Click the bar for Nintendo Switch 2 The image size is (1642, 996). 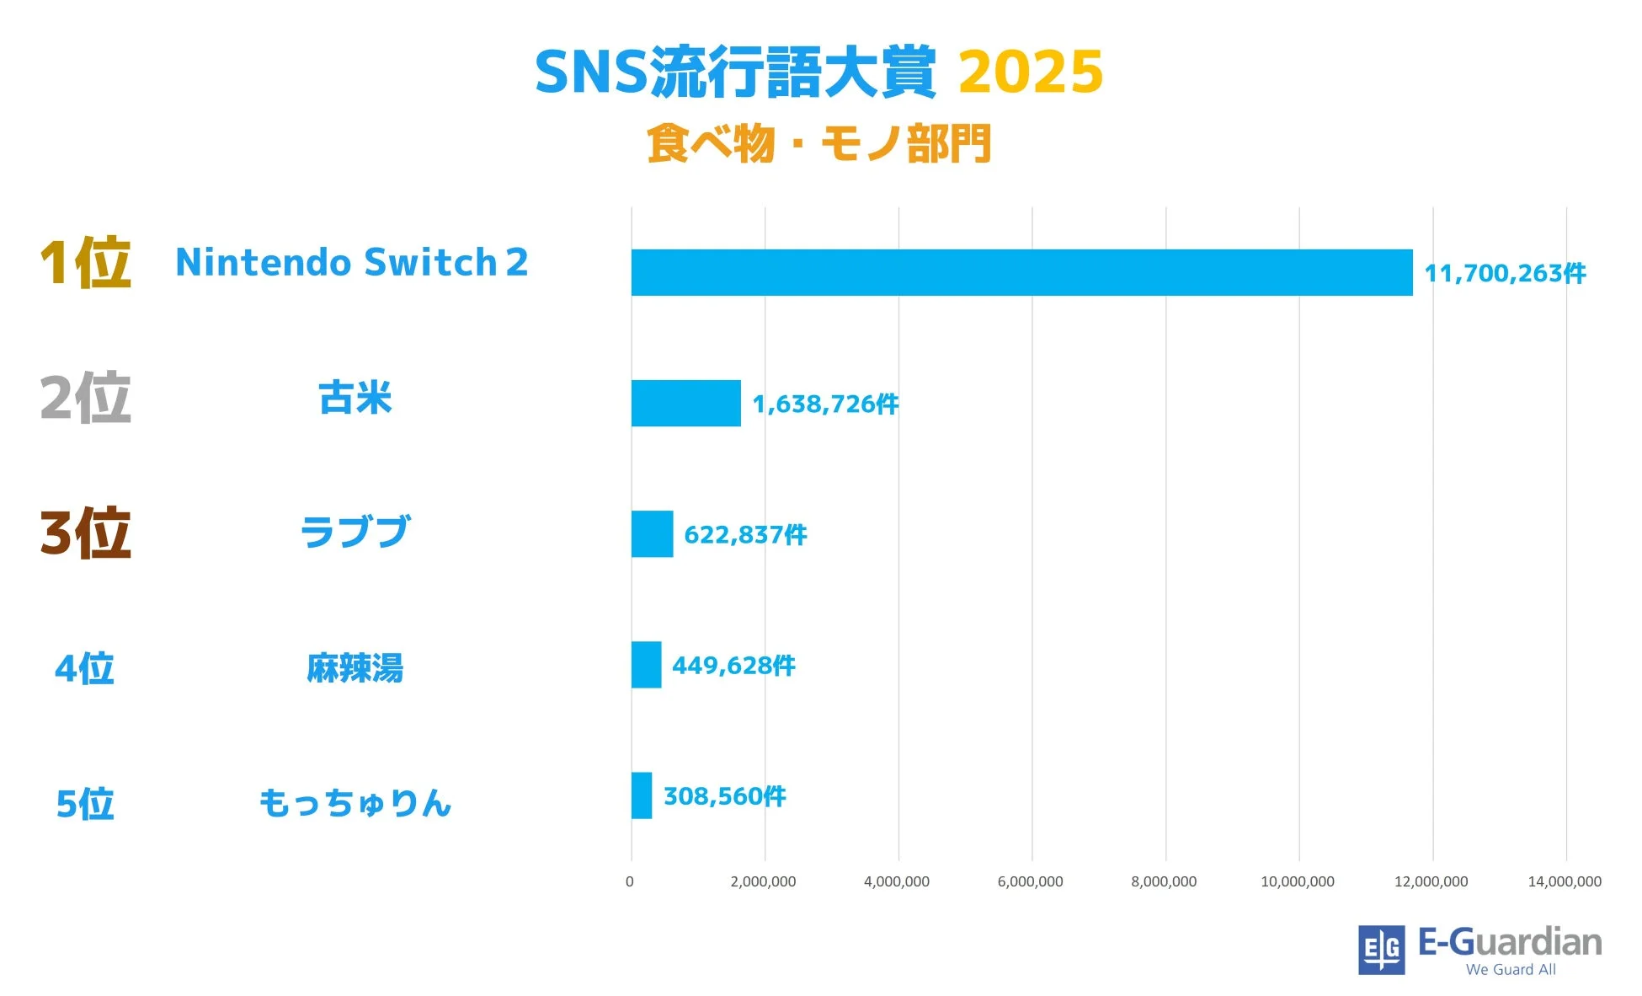[x=1021, y=272]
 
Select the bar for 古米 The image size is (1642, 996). [x=685, y=403]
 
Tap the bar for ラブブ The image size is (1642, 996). [x=652, y=533]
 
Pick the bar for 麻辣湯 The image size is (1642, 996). [x=646, y=665]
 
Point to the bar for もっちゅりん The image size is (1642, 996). [x=642, y=795]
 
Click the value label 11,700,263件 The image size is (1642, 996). [x=1505, y=273]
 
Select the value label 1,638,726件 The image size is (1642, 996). [x=825, y=404]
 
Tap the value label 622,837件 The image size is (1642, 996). [x=745, y=534]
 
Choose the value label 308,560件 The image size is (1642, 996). [x=724, y=795]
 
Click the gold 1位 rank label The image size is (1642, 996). [x=85, y=263]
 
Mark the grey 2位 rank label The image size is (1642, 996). [x=85, y=398]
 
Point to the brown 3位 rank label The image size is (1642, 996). [x=85, y=533]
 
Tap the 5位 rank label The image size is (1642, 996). [x=85, y=804]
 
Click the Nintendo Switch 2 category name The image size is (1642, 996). [x=351, y=262]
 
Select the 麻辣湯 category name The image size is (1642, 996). [x=355, y=668]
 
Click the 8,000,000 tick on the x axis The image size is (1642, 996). [x=1164, y=881]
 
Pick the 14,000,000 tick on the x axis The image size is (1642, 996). [x=1565, y=881]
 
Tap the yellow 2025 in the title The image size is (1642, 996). [x=1031, y=72]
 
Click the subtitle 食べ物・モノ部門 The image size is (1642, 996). [x=819, y=143]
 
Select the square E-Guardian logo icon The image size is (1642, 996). [x=1381, y=950]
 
